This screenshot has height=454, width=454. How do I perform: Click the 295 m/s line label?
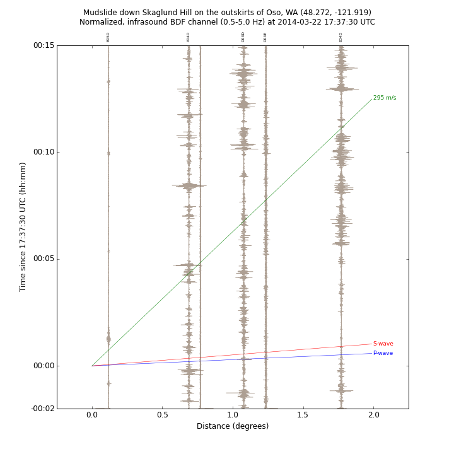click(x=384, y=98)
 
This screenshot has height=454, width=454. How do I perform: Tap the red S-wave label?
click(x=383, y=344)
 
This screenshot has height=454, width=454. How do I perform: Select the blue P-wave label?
click(x=383, y=353)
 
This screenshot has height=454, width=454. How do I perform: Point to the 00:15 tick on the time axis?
click(x=44, y=45)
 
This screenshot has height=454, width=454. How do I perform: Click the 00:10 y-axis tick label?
click(x=44, y=152)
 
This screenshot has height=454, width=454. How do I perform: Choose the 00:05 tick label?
click(x=44, y=259)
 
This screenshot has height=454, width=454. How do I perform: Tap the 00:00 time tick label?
click(x=44, y=366)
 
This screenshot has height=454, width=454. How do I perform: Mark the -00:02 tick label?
click(x=42, y=409)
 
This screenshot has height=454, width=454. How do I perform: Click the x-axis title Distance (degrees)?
click(x=233, y=426)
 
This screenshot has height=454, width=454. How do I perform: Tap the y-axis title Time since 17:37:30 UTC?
click(x=23, y=227)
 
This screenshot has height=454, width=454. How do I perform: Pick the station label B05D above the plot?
click(x=108, y=37)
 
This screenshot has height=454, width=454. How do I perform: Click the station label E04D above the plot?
click(x=341, y=37)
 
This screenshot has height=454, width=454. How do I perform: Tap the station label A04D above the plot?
click(x=189, y=37)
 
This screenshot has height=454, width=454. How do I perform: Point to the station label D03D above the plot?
click(x=243, y=37)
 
